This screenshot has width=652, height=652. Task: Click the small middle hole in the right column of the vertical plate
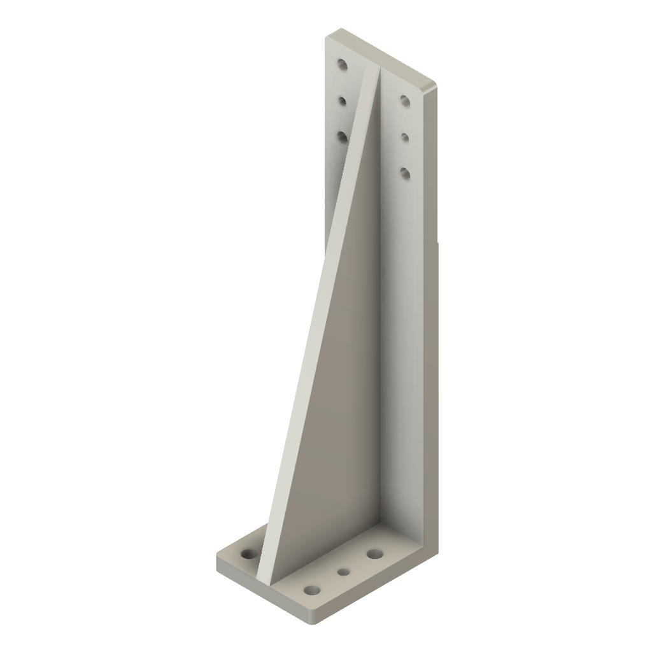tap(404, 136)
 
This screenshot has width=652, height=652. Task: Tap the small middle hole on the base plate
tap(343, 572)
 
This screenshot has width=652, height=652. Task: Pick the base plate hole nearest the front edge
tap(311, 590)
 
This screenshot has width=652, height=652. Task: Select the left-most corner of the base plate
tap(217, 560)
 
